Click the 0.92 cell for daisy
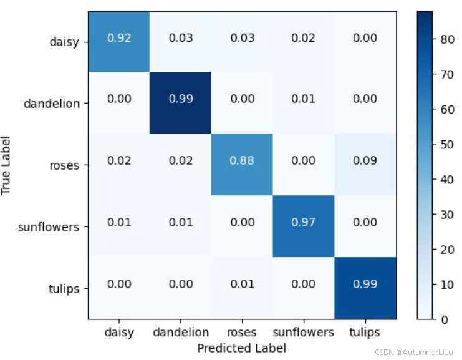[118, 42]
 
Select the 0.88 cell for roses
[242, 165]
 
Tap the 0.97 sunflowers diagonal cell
[304, 226]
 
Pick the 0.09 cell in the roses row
[365, 165]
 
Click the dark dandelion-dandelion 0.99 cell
[180, 103]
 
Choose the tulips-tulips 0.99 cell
[365, 288]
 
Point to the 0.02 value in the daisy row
[303, 37]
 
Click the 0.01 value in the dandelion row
[303, 99]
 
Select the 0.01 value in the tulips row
[242, 284]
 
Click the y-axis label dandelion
[52, 104]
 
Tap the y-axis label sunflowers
[49, 227]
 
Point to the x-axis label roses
[242, 333]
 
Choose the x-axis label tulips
[365, 333]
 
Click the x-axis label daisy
[119, 333]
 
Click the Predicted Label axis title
[241, 348]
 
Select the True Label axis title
[6, 165]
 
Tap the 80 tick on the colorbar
[447, 39]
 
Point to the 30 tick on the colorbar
[447, 215]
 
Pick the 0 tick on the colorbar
[445, 319]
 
